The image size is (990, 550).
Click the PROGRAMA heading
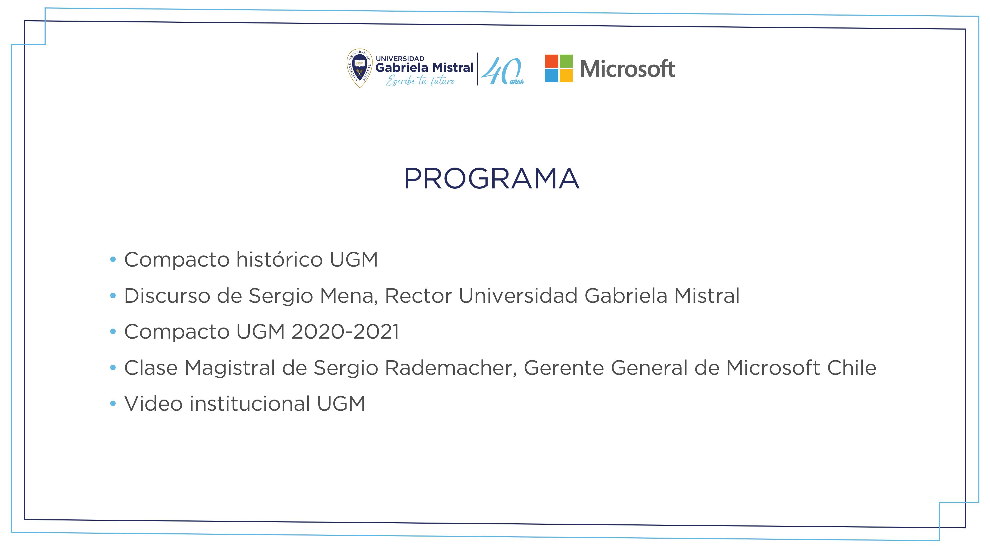[x=492, y=179]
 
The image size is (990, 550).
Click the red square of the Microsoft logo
[x=551, y=61]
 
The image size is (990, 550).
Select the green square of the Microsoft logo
[x=566, y=61]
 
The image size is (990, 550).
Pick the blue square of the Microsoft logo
[x=551, y=76]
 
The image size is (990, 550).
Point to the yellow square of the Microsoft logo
[x=566, y=76]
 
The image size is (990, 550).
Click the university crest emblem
[x=360, y=68]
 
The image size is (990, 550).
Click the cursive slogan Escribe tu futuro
[x=421, y=81]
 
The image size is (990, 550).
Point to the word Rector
[x=418, y=296]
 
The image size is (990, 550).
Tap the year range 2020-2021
[x=345, y=331]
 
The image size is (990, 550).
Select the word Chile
[x=852, y=368]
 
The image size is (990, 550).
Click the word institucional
[x=250, y=404]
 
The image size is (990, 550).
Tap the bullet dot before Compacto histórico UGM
[x=113, y=260]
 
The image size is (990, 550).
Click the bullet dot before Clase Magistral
[x=113, y=368]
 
